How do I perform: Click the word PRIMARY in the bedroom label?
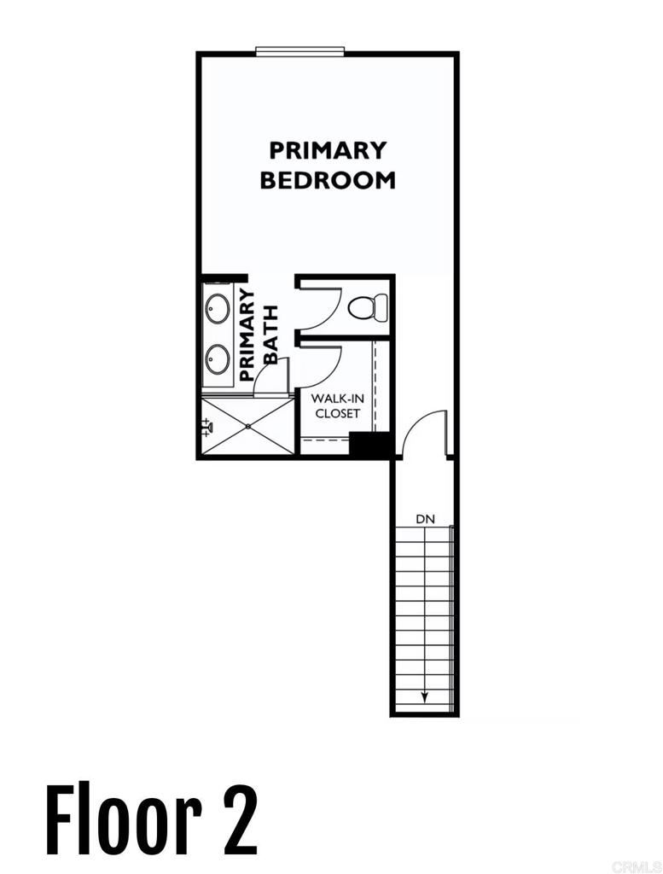coord(328,150)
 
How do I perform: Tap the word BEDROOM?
coord(328,180)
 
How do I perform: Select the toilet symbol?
coord(369,306)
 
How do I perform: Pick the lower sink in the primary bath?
coord(217,357)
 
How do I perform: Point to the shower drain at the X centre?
coord(247,425)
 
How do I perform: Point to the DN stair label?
coord(426,519)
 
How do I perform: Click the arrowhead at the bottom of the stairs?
coord(423,697)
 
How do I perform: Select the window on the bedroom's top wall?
coord(300,52)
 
